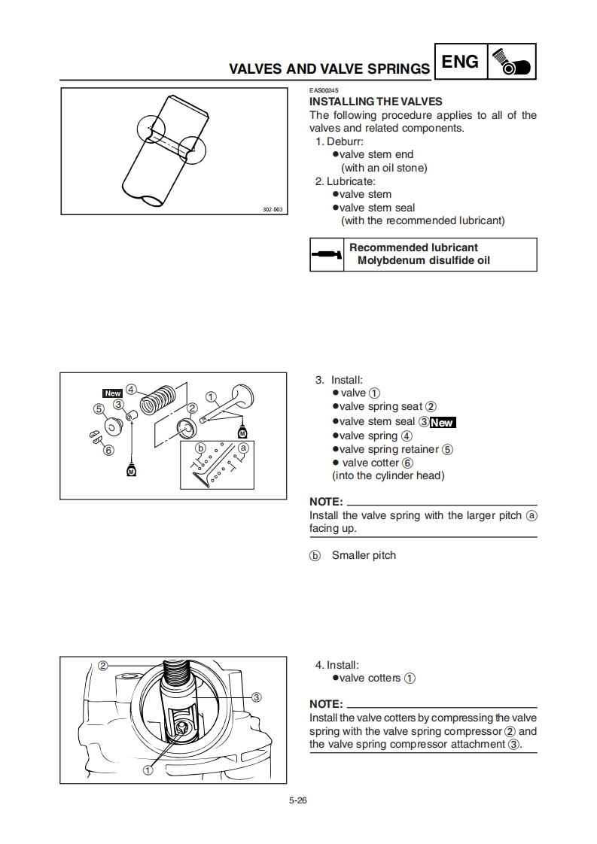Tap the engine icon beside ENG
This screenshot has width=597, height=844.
click(512, 62)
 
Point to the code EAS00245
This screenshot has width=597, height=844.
click(324, 91)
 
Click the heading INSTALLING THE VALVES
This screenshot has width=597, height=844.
click(376, 102)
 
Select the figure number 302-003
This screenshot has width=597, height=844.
click(272, 209)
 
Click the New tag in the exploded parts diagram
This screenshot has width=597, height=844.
click(112, 393)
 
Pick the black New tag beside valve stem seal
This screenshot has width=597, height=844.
click(443, 423)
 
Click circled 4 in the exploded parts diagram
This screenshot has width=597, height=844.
click(131, 390)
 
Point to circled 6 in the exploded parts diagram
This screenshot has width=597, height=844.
click(108, 451)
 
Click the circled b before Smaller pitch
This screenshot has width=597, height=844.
click(315, 556)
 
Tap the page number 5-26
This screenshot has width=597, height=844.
click(298, 800)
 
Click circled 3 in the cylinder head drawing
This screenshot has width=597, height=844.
click(256, 697)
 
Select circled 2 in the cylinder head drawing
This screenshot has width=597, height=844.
click(103, 665)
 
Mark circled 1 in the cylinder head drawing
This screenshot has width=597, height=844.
click(148, 770)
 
